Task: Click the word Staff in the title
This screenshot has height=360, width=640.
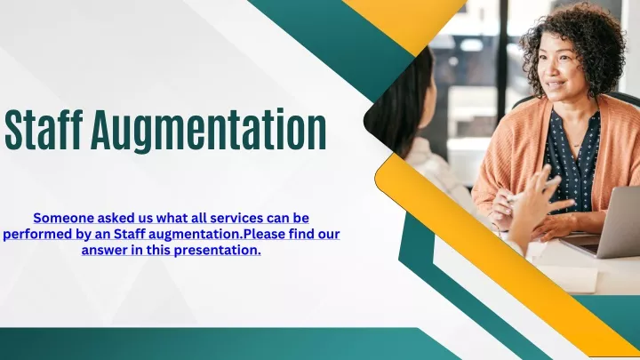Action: pyautogui.click(x=44, y=130)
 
